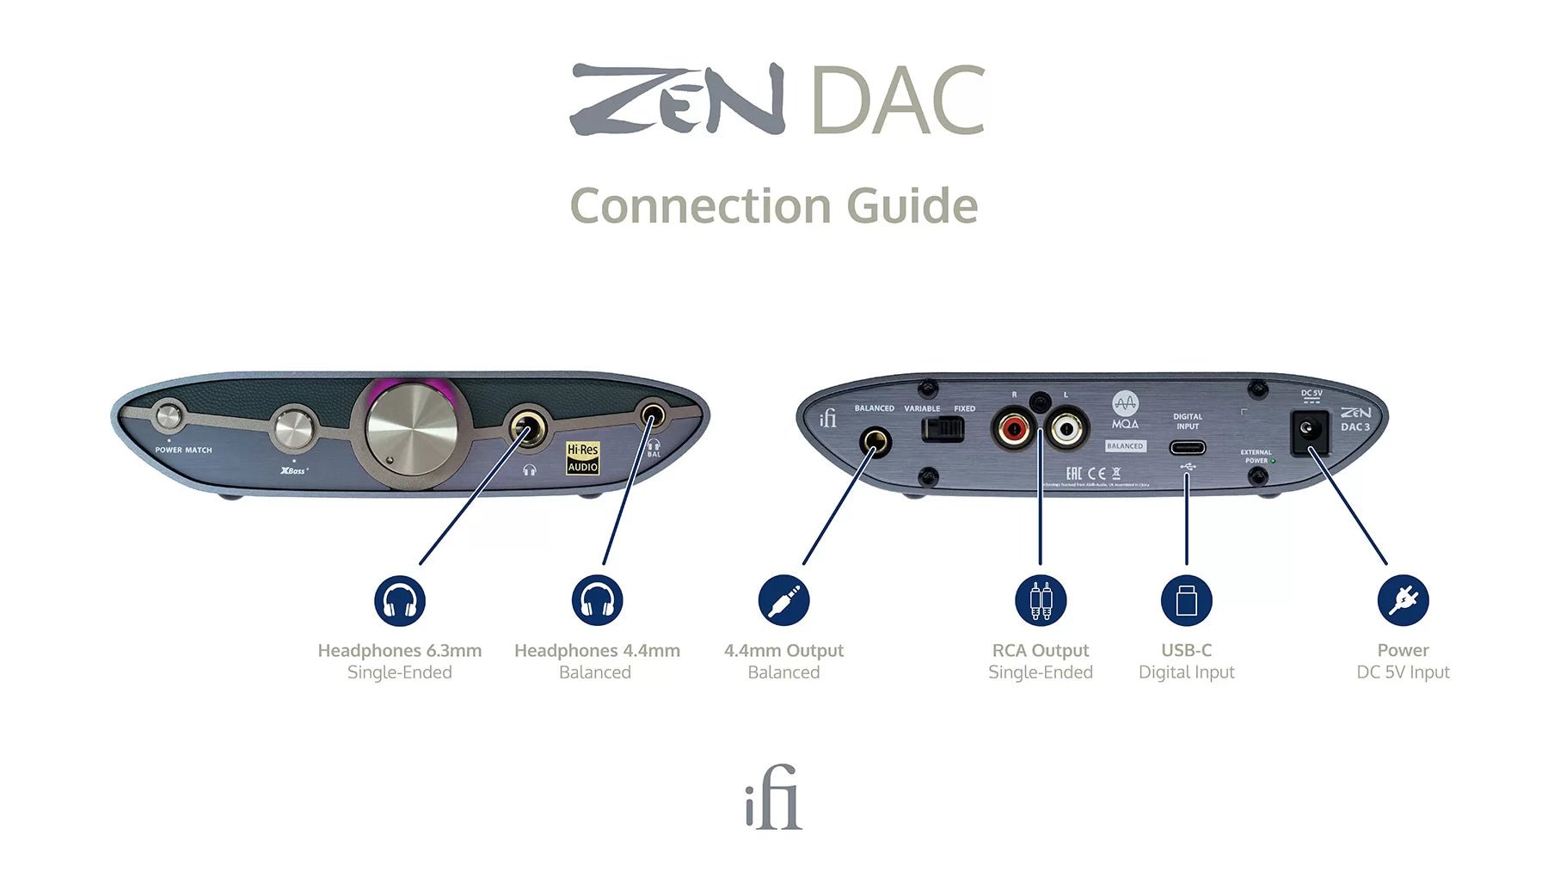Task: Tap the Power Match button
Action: click(x=168, y=417)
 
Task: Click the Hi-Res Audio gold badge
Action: click(x=582, y=457)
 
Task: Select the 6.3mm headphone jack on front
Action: click(x=527, y=426)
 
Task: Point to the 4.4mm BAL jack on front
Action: click(x=653, y=418)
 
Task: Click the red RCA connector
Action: click(x=1013, y=427)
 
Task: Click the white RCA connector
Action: click(x=1067, y=427)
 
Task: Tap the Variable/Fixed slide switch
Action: click(x=943, y=428)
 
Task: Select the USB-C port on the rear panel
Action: click(x=1187, y=447)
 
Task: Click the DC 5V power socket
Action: click(x=1310, y=429)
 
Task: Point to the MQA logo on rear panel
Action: click(x=1125, y=410)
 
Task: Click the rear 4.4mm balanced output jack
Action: click(x=875, y=443)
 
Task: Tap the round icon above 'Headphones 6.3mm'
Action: click(x=400, y=600)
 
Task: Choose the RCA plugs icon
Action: click(x=1041, y=600)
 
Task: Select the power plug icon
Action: click(x=1403, y=600)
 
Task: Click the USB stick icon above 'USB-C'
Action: click(x=1187, y=600)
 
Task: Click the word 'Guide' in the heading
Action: click(x=912, y=206)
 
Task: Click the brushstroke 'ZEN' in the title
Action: click(x=678, y=100)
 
